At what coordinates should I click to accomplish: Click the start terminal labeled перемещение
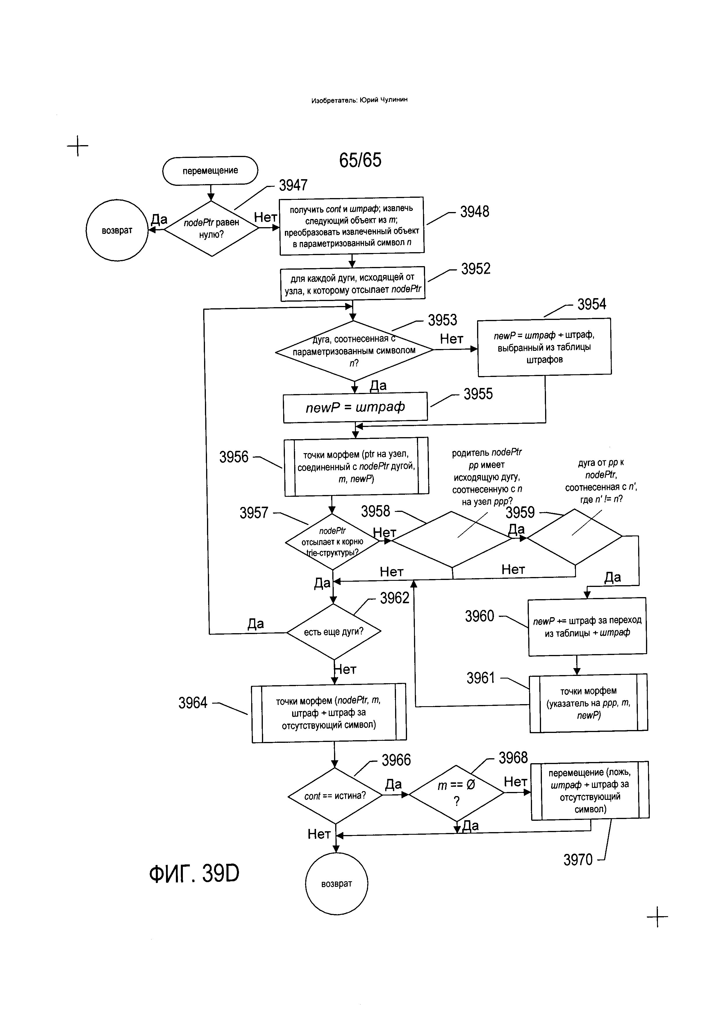click(210, 171)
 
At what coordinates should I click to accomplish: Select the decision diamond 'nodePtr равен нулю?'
click(211, 228)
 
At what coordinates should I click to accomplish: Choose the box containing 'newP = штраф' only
click(355, 407)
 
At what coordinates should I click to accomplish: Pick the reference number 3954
click(591, 304)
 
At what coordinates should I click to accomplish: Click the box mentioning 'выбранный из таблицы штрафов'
click(544, 347)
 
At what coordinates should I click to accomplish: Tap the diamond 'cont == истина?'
click(335, 796)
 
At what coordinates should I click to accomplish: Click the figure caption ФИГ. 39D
click(194, 873)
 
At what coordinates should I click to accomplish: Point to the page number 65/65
click(360, 160)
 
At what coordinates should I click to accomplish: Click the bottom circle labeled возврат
click(337, 884)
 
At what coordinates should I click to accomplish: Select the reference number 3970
click(578, 860)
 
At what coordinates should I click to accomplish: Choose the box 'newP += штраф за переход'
click(587, 626)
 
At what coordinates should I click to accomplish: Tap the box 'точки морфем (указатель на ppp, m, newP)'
click(588, 703)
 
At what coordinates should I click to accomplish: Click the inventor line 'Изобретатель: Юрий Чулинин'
click(359, 100)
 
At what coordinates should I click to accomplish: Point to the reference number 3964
click(193, 702)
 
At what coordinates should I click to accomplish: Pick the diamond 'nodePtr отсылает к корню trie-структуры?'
click(332, 542)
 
